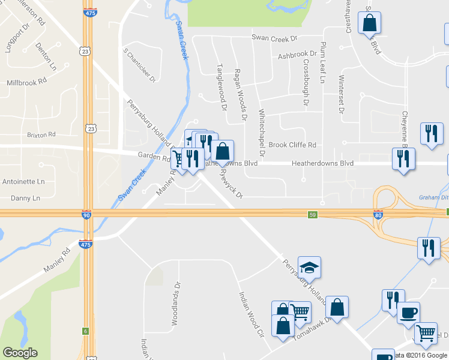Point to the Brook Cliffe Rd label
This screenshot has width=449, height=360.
click(292, 145)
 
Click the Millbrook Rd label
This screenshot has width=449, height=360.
click(26, 81)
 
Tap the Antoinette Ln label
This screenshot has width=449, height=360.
click(25, 181)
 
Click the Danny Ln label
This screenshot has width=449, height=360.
click(26, 198)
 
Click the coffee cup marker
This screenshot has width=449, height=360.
click(408, 313)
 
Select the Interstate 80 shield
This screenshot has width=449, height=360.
click(378, 214)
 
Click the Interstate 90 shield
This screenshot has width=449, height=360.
click(87, 214)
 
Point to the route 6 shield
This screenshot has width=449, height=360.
click(86, 331)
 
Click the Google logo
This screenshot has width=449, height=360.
click(20, 353)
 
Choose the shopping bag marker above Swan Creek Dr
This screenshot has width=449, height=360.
click(370, 23)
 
